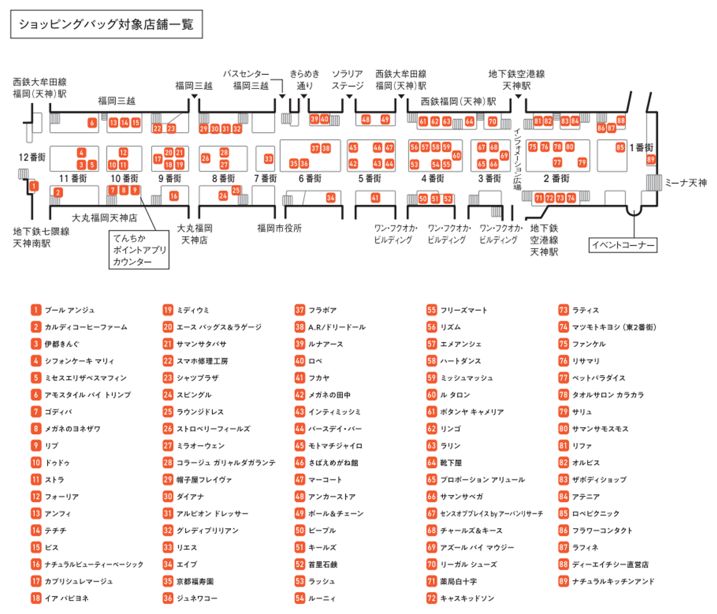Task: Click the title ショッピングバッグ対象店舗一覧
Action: (x=106, y=24)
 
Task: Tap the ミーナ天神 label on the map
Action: (x=685, y=183)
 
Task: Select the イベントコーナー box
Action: (x=622, y=245)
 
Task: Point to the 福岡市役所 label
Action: (x=279, y=228)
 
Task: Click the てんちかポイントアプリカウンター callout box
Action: (x=139, y=250)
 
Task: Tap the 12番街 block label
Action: (x=32, y=157)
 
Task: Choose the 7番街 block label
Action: (x=265, y=178)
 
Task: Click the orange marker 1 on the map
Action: (x=34, y=186)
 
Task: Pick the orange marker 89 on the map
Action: (x=650, y=159)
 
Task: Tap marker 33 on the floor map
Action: (x=268, y=159)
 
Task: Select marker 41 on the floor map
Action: (x=375, y=198)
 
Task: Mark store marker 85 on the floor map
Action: (x=620, y=148)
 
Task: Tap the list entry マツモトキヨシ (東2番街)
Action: (x=614, y=327)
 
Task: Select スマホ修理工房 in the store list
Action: (x=202, y=361)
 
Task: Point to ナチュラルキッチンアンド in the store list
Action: (x=613, y=581)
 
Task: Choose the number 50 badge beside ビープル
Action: (x=299, y=530)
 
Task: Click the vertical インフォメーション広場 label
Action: (x=517, y=160)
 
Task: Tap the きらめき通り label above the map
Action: (x=304, y=80)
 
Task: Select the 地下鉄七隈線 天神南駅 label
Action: (x=41, y=237)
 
